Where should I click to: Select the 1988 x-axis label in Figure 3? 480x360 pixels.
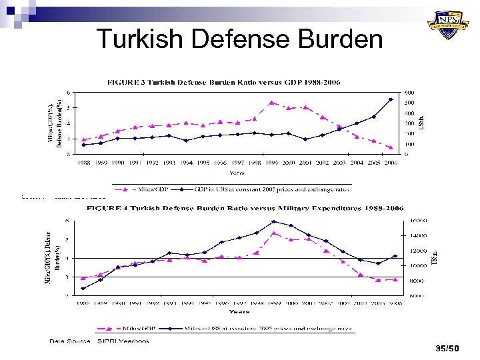tap(84, 161)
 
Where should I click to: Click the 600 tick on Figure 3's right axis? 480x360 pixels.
tap(409, 92)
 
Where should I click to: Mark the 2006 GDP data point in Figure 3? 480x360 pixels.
tap(390, 99)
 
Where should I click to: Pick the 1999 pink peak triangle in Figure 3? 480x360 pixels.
tap(272, 103)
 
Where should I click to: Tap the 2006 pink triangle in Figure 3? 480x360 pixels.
tap(390, 147)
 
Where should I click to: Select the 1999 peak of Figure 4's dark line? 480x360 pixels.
tap(273, 221)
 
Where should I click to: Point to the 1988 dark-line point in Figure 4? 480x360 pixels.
tap(83, 288)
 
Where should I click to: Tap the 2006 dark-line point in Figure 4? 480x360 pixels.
tap(395, 256)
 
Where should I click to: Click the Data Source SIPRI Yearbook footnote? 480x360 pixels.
tap(99, 341)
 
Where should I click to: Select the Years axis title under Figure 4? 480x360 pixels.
tap(239, 311)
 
